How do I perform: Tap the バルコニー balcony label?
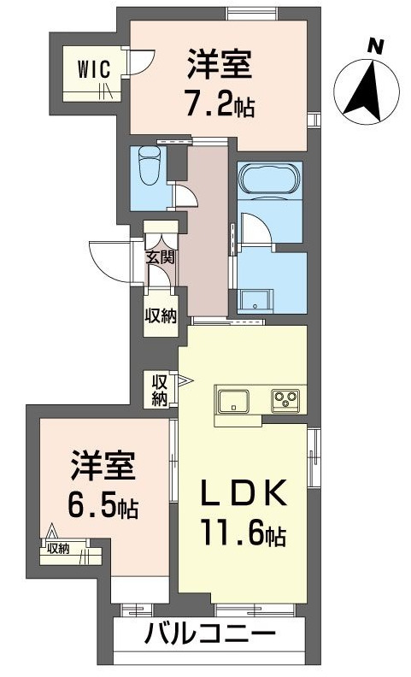pos(210,635)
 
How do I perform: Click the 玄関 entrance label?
pos(158,256)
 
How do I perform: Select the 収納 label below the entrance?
pos(160,315)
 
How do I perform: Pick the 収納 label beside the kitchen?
pos(160,389)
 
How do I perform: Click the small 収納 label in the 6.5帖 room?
pos(58,549)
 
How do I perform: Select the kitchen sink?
pos(233,400)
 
